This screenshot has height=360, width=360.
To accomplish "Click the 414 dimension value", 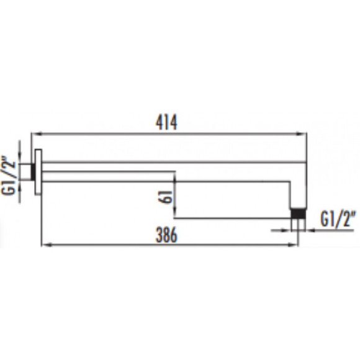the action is (166, 123).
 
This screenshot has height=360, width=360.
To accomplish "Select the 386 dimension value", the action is (166, 235).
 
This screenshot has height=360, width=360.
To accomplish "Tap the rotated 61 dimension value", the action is (165, 197).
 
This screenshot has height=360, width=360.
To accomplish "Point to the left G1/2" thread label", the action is (9, 175).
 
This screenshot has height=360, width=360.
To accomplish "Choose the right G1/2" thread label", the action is (338, 219).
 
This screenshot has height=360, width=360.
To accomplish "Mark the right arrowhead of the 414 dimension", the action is (301, 133).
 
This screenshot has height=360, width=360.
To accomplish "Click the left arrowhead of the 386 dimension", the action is (47, 245).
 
